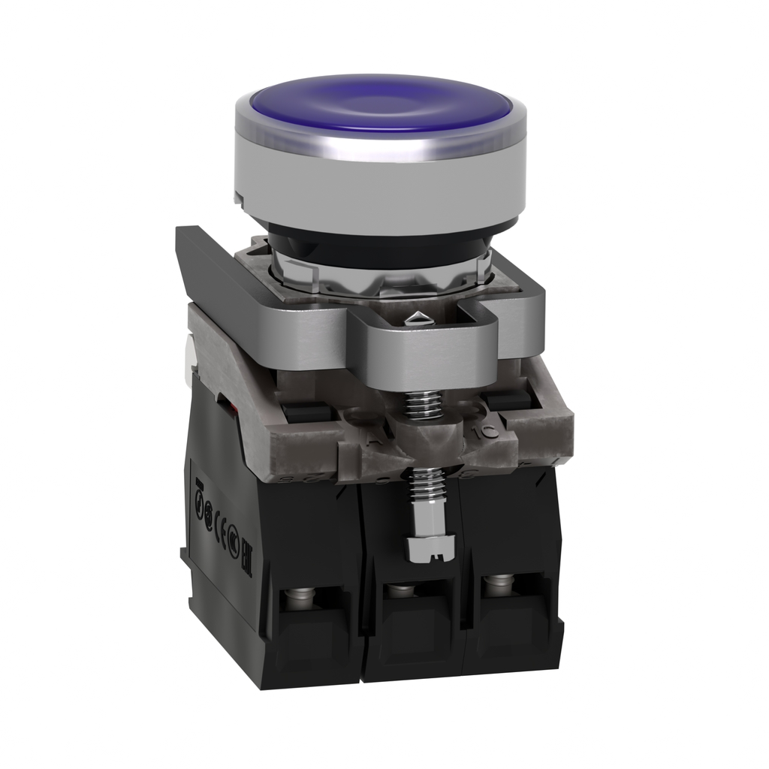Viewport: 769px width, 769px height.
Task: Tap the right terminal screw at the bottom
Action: pyautogui.click(x=496, y=581)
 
